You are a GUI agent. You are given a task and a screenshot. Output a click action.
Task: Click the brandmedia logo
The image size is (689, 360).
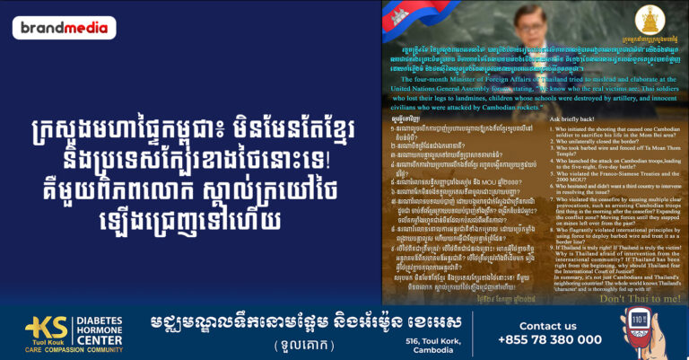click(x=64, y=28)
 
